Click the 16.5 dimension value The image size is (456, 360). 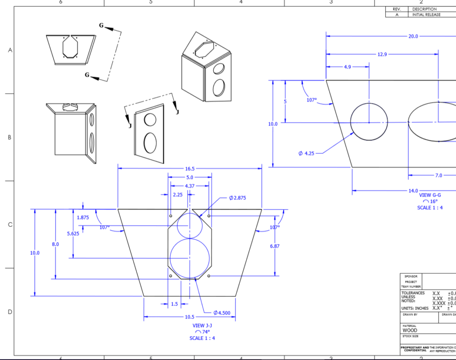190,169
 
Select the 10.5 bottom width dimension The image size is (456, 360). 190,317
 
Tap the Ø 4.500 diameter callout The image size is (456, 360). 222,313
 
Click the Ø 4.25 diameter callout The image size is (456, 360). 306,153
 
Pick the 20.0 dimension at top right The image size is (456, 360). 413,37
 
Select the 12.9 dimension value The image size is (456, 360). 382,54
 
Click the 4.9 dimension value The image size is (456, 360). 347,67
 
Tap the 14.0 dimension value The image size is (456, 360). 413,190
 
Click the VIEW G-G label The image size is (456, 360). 430,195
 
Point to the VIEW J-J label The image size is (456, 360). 202,326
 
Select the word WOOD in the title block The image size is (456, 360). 410,331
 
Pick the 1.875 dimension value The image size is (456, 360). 83,217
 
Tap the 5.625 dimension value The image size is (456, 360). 73,233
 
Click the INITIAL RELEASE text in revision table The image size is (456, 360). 426,15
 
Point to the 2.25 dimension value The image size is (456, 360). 177,195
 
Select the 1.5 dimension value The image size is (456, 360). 174,304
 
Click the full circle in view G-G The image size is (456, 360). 369,122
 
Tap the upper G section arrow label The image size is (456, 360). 102,26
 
